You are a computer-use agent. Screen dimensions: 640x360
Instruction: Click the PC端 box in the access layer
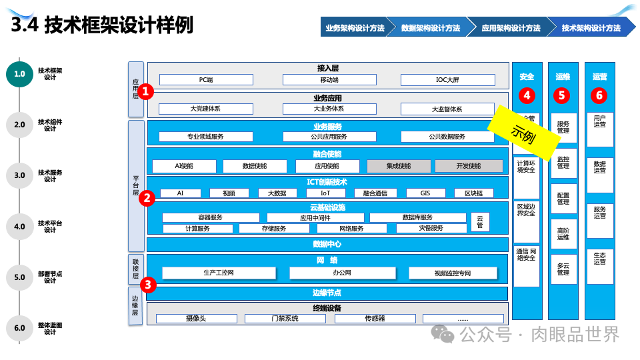point(206,80)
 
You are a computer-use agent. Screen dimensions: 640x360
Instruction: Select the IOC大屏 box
point(447,80)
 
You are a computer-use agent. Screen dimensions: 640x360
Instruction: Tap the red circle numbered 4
point(527,95)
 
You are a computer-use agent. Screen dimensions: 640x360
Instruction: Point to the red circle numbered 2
point(147,197)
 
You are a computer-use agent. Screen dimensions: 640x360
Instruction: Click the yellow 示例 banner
point(524,130)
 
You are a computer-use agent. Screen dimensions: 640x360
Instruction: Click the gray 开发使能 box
point(469,166)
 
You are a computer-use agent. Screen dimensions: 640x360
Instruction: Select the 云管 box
point(479,221)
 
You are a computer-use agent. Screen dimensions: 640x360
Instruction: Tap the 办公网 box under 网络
point(342,273)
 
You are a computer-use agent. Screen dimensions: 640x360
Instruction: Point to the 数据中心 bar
point(327,244)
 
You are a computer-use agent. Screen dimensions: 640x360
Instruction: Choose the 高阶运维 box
point(563,233)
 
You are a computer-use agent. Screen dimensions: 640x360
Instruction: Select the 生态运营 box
point(599,258)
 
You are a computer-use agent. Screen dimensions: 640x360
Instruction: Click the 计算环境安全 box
point(526,166)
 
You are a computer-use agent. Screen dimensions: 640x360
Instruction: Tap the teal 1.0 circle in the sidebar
point(19,74)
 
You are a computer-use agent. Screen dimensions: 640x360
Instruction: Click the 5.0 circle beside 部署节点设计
point(19,277)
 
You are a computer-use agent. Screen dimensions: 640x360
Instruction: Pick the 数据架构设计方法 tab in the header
point(431,28)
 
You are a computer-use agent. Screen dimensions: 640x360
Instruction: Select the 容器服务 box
point(211,217)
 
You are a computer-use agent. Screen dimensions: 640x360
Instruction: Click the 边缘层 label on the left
point(135,306)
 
